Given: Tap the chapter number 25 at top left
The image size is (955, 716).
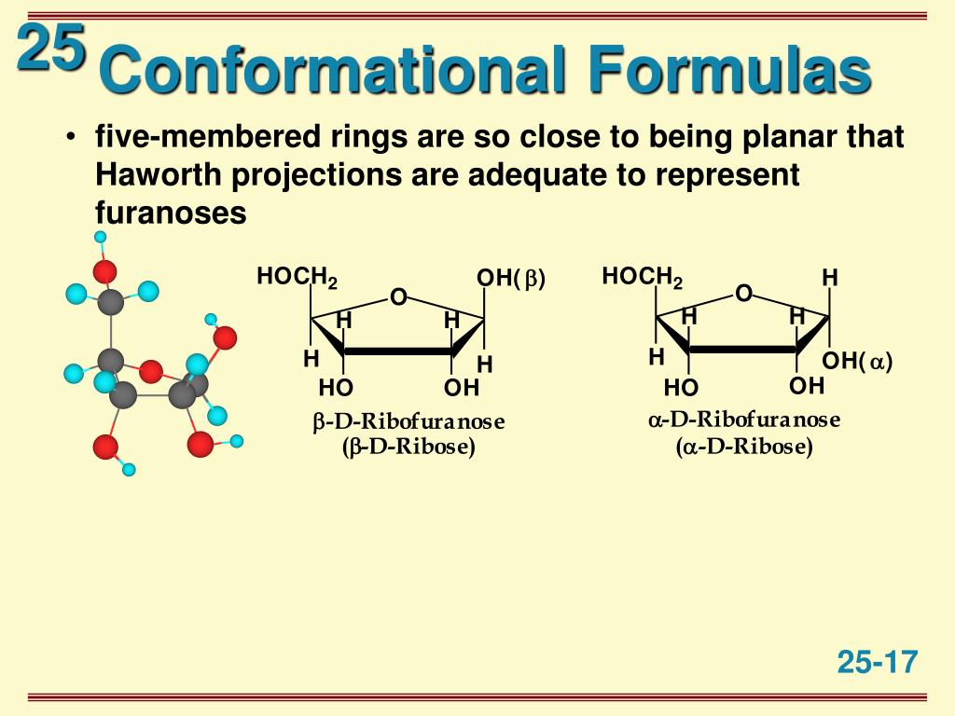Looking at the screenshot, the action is [50, 48].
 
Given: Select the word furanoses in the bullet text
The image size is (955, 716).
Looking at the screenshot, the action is [171, 213].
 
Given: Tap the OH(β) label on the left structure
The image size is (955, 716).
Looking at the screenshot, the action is [510, 279].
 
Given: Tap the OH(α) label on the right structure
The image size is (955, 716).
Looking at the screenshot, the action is [857, 362].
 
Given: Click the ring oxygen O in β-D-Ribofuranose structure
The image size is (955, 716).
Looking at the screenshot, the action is [398, 297].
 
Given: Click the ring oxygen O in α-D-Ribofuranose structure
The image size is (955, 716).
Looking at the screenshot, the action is [743, 295].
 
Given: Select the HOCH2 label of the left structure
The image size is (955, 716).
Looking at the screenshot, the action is [297, 278].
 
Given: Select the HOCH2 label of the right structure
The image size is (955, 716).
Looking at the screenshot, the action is [642, 277].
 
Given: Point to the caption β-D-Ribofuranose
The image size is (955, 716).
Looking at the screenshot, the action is [408, 422].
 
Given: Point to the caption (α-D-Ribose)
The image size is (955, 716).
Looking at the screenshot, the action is [744, 447].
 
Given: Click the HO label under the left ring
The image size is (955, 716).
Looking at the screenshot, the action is [336, 388].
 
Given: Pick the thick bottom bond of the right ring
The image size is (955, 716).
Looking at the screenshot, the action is [743, 350].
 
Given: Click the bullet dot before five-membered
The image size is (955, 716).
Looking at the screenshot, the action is [72, 139].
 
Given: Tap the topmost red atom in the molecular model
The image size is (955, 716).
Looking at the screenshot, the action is [104, 271].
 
